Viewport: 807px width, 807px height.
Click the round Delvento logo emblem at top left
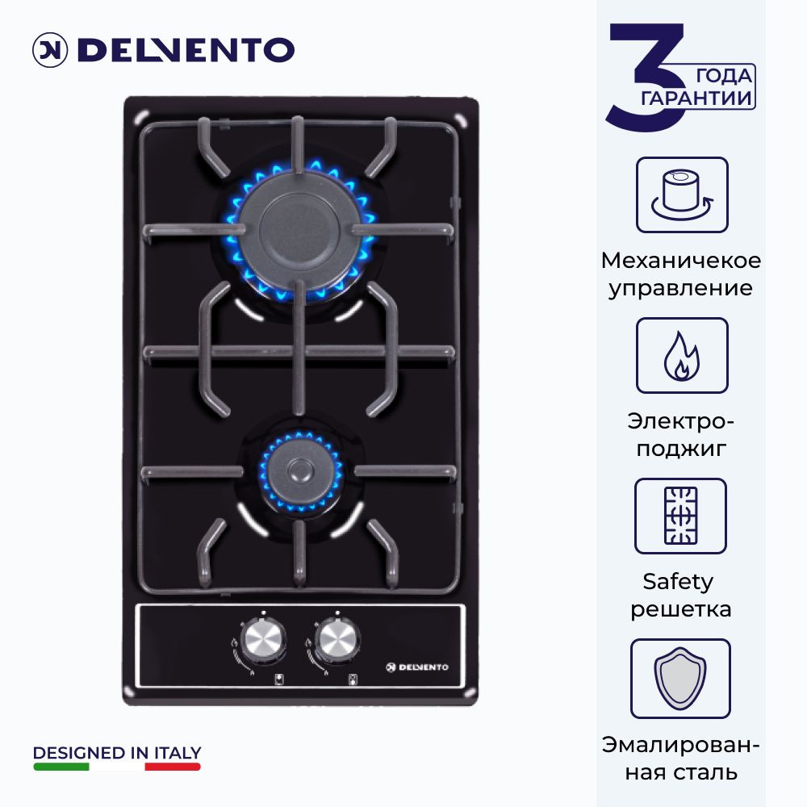point(50,50)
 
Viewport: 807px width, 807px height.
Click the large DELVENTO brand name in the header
point(186,50)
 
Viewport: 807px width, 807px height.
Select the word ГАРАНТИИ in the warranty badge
point(696,98)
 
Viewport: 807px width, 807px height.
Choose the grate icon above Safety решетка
point(680,516)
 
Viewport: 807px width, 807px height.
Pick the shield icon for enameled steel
point(680,679)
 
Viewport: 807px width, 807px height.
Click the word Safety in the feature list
point(678,582)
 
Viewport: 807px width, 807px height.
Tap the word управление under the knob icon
point(680,288)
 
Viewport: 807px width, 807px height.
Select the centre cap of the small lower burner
point(299,470)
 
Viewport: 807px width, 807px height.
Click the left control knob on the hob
point(263,639)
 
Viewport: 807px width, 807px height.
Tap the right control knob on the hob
point(337,639)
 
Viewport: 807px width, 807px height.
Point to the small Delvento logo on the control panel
point(417,667)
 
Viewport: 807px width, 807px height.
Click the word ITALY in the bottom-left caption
point(178,753)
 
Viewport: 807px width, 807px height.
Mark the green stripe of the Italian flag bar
point(61,767)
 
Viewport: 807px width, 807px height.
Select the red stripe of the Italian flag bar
point(173,767)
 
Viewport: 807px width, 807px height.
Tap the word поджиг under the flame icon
point(681,449)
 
